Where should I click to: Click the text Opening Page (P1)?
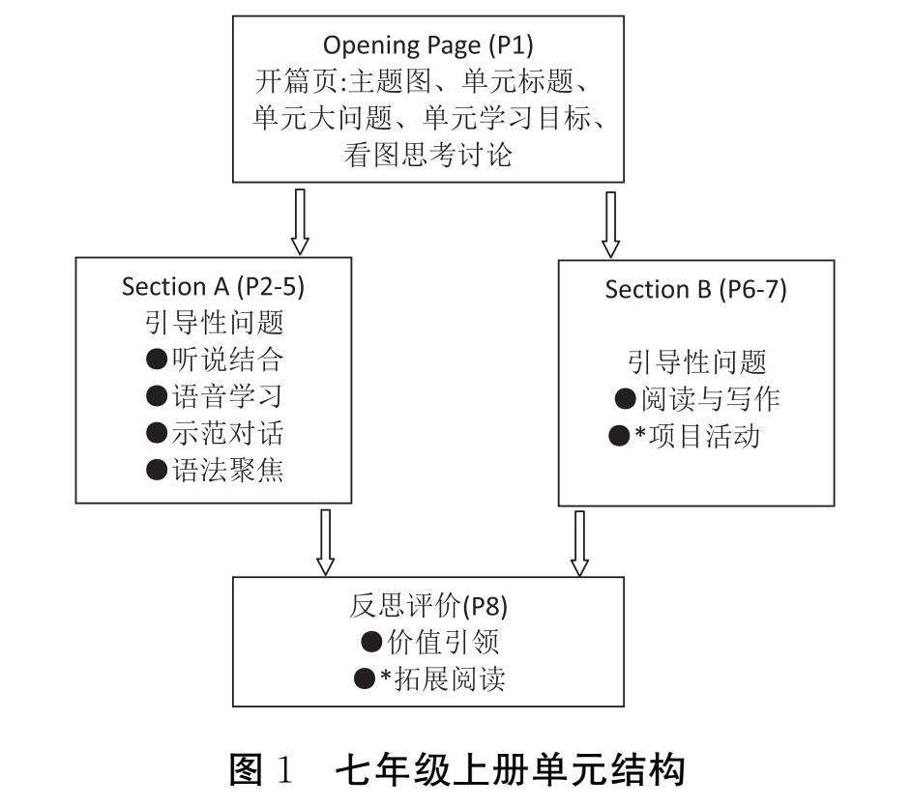[x=427, y=45]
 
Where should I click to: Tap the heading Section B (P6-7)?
[x=695, y=290]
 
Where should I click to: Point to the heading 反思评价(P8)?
[x=428, y=606]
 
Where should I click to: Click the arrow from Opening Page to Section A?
[x=299, y=220]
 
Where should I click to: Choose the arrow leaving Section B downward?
[x=579, y=542]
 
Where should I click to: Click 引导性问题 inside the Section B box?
[x=696, y=361]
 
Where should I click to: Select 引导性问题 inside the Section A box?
[x=214, y=323]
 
